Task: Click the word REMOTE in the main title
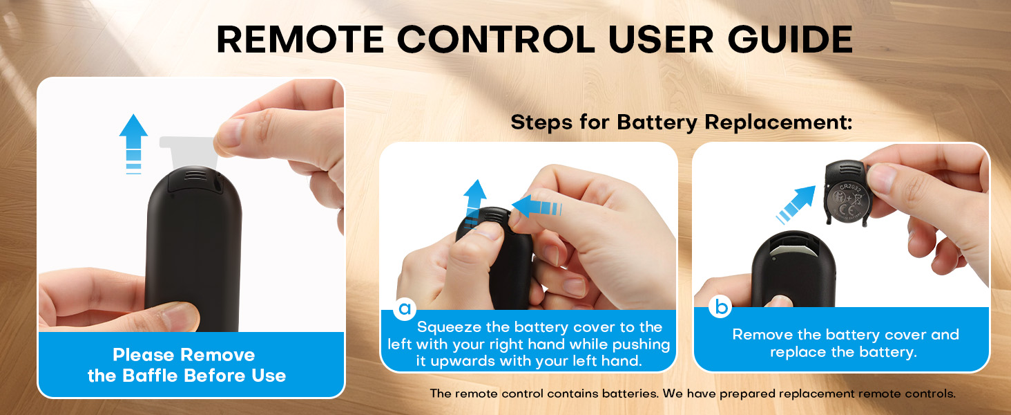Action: coord(300,39)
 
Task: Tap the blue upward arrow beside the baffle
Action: coord(133,144)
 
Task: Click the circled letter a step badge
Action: coord(405,308)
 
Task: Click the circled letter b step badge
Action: coord(720,306)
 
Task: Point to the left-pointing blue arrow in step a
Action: coord(537,207)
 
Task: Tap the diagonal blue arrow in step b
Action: coord(796,205)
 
